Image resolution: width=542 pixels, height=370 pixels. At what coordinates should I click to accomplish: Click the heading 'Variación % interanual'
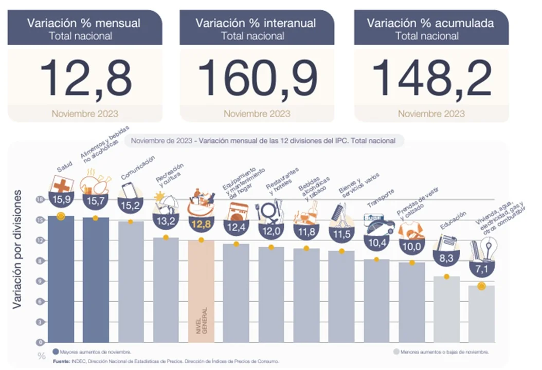coord(256,23)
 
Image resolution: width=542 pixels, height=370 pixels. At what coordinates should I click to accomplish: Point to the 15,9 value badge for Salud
coord(61,198)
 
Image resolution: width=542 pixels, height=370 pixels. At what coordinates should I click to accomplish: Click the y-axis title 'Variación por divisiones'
coord(17,249)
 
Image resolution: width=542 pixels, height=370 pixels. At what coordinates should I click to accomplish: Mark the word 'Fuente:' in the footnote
coord(61,361)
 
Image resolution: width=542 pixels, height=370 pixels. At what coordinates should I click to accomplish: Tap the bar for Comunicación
coord(131,283)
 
